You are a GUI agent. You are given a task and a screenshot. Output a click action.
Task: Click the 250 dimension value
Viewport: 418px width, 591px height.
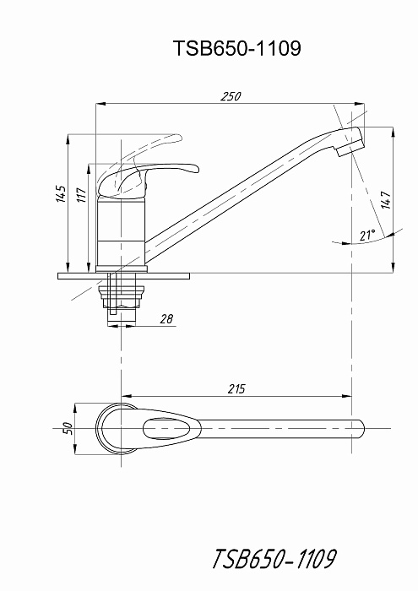click(231, 96)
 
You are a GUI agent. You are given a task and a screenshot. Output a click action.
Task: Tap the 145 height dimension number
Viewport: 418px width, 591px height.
click(62, 193)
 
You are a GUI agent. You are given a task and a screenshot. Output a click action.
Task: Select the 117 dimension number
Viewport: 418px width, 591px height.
click(82, 194)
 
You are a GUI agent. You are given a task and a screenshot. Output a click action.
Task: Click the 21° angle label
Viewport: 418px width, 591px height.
click(367, 236)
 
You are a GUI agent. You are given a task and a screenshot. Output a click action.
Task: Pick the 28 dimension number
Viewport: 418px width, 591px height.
click(166, 319)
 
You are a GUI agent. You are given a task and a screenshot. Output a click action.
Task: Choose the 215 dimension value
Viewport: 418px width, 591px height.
click(236, 388)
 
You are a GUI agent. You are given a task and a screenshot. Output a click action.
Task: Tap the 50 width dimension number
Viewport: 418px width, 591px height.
click(68, 428)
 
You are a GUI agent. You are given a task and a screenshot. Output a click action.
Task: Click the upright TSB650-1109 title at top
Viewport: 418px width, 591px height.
click(237, 48)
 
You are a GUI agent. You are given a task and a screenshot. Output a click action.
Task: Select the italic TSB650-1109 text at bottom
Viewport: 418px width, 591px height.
click(274, 558)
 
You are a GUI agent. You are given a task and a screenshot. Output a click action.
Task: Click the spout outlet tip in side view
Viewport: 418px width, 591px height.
click(350, 149)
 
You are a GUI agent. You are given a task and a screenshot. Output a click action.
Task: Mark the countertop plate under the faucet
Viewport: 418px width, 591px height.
click(123, 276)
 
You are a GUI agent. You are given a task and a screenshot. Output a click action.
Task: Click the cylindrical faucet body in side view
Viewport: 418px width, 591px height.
click(121, 232)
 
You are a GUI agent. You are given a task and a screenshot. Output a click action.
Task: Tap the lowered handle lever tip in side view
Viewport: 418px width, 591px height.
click(193, 169)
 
